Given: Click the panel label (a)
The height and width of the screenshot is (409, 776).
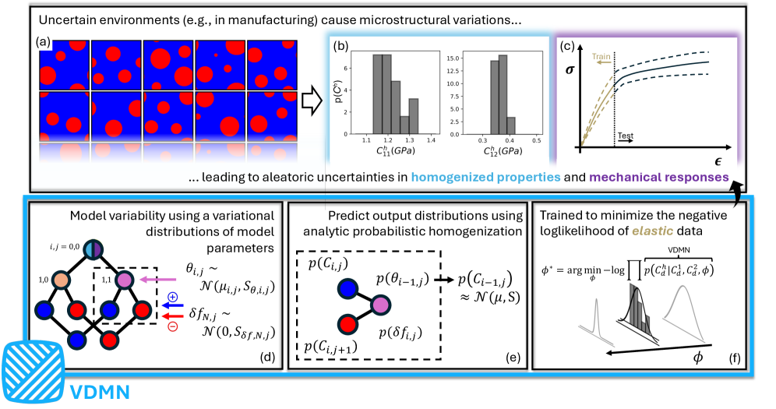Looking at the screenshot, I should point(45,36).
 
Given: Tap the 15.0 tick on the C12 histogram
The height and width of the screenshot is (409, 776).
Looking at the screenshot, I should point(453,57).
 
